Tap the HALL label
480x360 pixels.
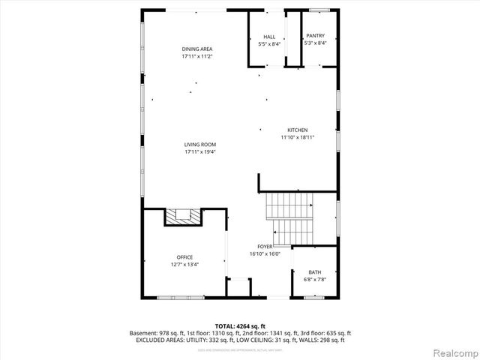click(268, 37)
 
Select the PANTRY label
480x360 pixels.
click(314, 37)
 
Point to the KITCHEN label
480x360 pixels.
click(297, 130)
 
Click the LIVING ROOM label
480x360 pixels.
click(200, 145)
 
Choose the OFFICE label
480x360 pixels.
click(184, 257)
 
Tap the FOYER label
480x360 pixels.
click(265, 246)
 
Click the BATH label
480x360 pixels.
click(315, 272)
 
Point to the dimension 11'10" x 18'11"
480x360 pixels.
click(297, 137)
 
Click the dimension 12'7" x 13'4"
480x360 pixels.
click(184, 265)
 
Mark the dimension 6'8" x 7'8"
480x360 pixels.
click(315, 280)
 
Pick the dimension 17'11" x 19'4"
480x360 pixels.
click(200, 152)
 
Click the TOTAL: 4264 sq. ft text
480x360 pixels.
click(239, 325)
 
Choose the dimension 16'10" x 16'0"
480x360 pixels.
click(265, 253)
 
